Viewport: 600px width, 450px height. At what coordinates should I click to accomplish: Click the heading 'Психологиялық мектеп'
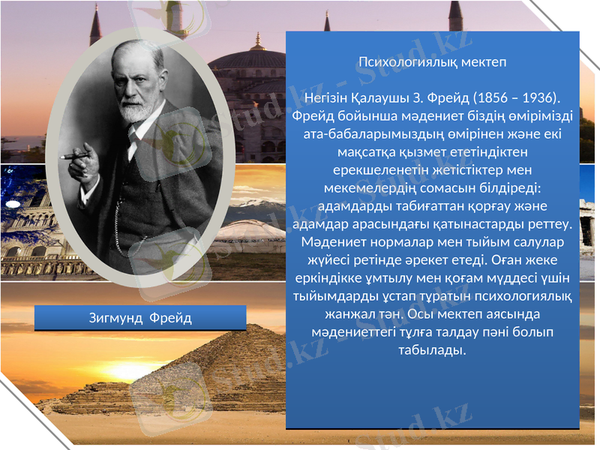tap(433, 61)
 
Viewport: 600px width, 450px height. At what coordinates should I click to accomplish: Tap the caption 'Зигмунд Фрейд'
tap(140, 319)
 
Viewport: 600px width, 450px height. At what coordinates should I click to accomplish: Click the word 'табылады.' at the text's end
tap(433, 350)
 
